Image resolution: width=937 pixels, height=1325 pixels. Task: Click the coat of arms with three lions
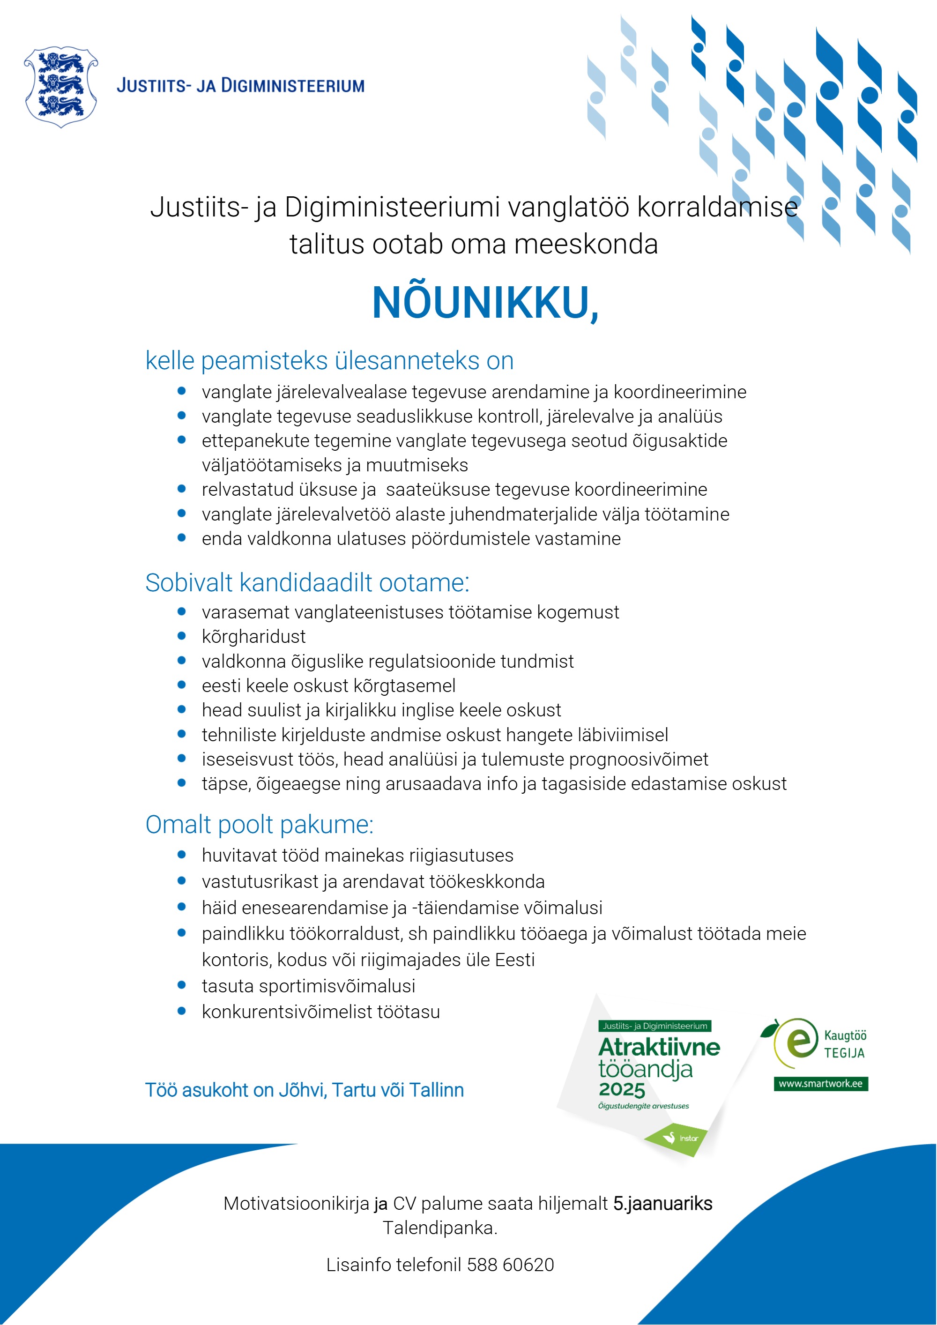tap(60, 87)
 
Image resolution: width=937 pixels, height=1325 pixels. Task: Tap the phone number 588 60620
tap(510, 1265)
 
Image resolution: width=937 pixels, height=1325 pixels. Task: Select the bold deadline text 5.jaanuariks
tap(662, 1203)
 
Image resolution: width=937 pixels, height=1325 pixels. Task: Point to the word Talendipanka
tap(439, 1228)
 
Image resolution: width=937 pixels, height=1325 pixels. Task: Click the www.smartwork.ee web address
tap(820, 1083)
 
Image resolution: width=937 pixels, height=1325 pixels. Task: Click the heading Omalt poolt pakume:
tap(259, 824)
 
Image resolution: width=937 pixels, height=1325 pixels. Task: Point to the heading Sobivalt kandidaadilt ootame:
tap(307, 582)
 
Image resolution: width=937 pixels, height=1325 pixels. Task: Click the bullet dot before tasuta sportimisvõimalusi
tap(182, 985)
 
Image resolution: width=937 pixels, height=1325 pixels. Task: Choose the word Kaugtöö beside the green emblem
tap(845, 1035)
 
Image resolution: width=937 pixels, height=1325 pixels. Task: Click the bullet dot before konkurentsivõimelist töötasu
tap(182, 1011)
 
